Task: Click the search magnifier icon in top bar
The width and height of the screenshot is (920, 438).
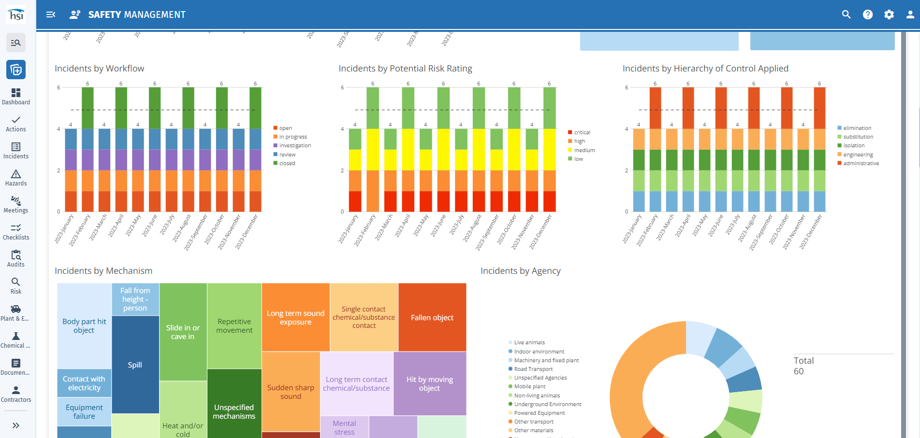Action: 846,14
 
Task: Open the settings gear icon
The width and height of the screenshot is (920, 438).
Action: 889,14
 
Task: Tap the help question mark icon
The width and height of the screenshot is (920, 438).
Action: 868,14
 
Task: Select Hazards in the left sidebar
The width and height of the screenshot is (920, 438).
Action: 16,178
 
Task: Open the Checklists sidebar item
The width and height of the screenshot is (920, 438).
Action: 16,232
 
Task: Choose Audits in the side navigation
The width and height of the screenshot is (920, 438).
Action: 16,259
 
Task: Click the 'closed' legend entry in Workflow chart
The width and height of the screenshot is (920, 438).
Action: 287,163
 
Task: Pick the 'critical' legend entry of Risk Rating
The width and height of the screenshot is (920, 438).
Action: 582,132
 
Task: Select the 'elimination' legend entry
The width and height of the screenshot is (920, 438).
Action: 857,128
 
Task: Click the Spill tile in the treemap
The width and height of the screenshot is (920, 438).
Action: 135,365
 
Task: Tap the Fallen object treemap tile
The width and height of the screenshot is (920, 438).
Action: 432,317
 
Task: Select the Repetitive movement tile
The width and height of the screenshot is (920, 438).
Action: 234,326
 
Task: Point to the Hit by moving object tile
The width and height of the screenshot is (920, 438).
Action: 429,383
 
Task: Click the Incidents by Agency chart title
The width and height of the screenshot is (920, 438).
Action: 520,271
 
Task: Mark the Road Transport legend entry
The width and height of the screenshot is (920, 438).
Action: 533,369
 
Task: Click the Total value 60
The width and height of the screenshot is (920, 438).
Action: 799,371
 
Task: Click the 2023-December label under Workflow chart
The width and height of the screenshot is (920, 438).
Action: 247,232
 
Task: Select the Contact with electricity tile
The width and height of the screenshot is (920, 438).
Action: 84,383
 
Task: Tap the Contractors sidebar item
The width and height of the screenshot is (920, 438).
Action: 16,394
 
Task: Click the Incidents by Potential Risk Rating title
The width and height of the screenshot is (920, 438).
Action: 405,69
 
